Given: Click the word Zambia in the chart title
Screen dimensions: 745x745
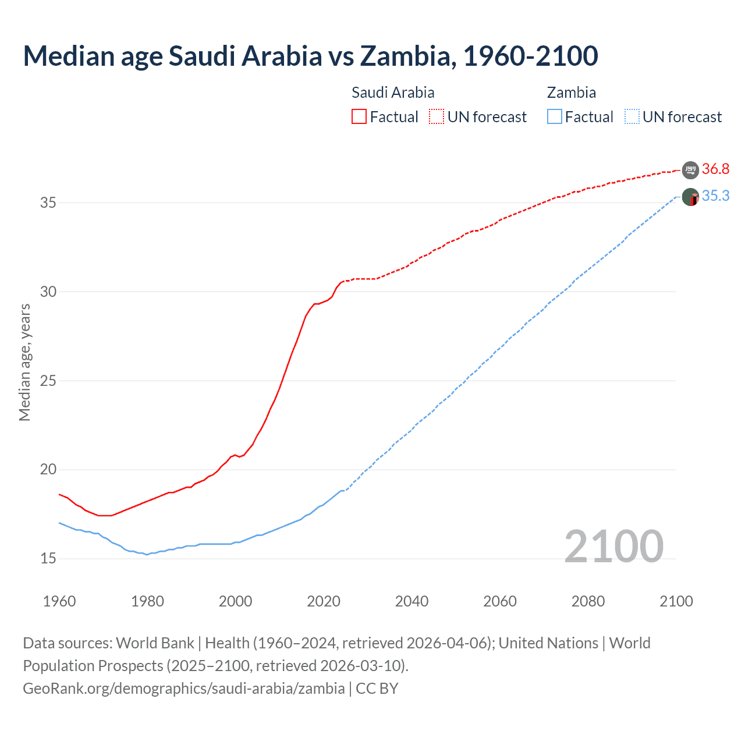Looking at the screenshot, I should (x=405, y=56).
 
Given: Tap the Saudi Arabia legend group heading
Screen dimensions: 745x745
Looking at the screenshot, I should (x=393, y=93).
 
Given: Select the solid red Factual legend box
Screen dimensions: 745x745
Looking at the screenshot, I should (x=359, y=117).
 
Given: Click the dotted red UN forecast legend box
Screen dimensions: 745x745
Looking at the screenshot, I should (x=437, y=117).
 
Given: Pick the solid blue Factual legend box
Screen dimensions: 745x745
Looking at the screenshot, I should (x=555, y=117).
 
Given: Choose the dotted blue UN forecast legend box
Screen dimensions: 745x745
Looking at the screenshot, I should (x=632, y=117).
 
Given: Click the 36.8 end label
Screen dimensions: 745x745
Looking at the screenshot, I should (x=715, y=169).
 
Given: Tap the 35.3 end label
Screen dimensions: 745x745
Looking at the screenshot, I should (x=715, y=196).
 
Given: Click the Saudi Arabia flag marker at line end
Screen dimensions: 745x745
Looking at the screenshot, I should (x=690, y=170).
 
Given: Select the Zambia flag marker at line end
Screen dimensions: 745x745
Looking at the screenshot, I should (x=690, y=197).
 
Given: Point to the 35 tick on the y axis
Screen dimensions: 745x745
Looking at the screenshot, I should (x=48, y=203).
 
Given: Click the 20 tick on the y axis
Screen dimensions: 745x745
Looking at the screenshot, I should (x=48, y=470).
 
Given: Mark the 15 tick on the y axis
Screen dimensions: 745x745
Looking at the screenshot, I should (x=48, y=559).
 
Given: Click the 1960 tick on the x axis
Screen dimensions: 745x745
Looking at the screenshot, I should (x=59, y=601).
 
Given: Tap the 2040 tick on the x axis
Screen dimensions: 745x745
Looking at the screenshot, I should (x=411, y=601).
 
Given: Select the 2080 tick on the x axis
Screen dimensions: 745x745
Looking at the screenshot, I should (x=588, y=601).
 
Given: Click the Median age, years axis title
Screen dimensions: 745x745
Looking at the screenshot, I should (x=24, y=362).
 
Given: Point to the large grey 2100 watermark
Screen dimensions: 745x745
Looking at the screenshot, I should (x=614, y=547).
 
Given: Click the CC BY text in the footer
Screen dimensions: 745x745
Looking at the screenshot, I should (x=377, y=689).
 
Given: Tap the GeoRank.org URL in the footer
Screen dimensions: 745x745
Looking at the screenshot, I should (x=183, y=689).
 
